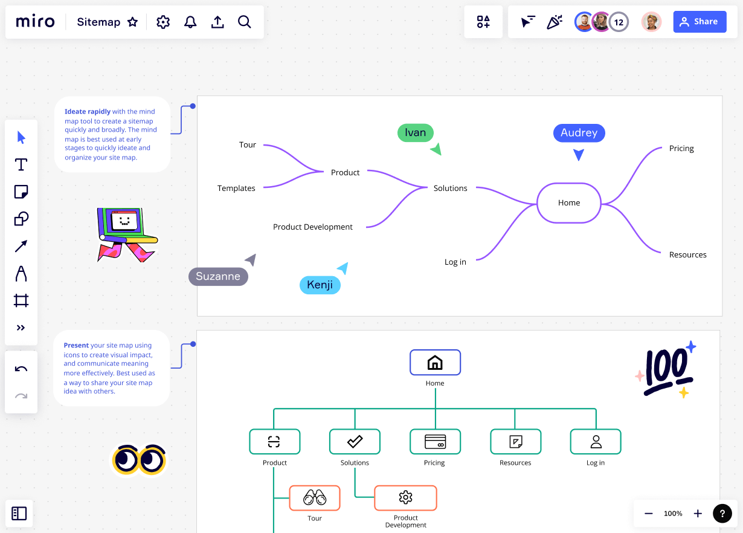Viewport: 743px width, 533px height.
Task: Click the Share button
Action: pos(700,22)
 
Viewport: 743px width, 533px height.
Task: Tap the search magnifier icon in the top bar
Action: pos(244,22)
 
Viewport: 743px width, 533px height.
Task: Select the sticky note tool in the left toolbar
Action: pos(21,192)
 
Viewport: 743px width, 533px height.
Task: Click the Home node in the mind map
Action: pos(569,203)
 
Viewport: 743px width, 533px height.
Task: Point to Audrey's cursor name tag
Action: pos(579,133)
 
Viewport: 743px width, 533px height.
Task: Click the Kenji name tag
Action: pos(320,285)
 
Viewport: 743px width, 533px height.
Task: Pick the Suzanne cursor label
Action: pos(218,276)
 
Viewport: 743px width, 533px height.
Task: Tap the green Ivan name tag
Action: pos(415,133)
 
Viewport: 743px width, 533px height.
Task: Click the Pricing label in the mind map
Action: pos(681,149)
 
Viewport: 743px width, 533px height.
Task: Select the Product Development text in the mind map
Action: pos(313,227)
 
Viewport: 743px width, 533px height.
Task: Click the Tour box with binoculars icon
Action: pos(315,497)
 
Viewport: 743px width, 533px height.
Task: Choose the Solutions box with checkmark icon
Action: pos(355,442)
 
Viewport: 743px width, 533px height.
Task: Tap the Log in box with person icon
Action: pos(596,442)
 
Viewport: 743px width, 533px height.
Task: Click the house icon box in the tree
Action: pos(435,363)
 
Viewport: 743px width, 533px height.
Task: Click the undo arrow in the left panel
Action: pos(21,369)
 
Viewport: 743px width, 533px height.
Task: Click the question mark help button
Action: pos(722,513)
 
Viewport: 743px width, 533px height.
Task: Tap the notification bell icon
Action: pos(190,22)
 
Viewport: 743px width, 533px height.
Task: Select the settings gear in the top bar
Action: pos(163,22)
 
